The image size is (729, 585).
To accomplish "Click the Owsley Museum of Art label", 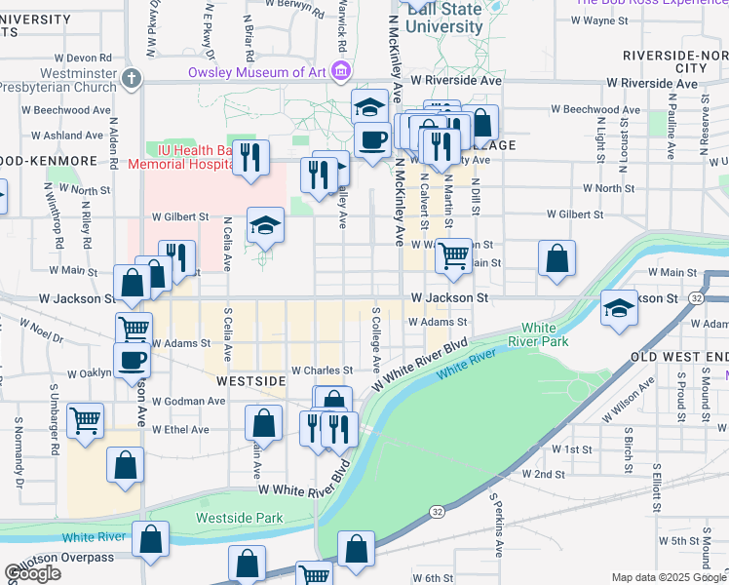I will (258, 72).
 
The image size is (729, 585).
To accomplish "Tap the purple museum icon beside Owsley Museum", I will (341, 71).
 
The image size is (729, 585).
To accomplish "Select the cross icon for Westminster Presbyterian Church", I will (134, 77).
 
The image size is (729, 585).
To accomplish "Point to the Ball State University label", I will (443, 19).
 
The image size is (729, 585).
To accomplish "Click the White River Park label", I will (545, 334).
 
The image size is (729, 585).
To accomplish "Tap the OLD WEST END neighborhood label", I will (679, 358).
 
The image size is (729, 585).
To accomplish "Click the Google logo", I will (33, 573).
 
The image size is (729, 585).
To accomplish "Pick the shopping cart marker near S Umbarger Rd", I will (86, 421).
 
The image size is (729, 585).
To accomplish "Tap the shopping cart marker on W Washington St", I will (453, 256).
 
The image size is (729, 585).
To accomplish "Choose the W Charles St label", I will (320, 370).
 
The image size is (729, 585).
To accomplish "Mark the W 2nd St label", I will (544, 474).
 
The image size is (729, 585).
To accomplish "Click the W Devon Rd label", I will (84, 58).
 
